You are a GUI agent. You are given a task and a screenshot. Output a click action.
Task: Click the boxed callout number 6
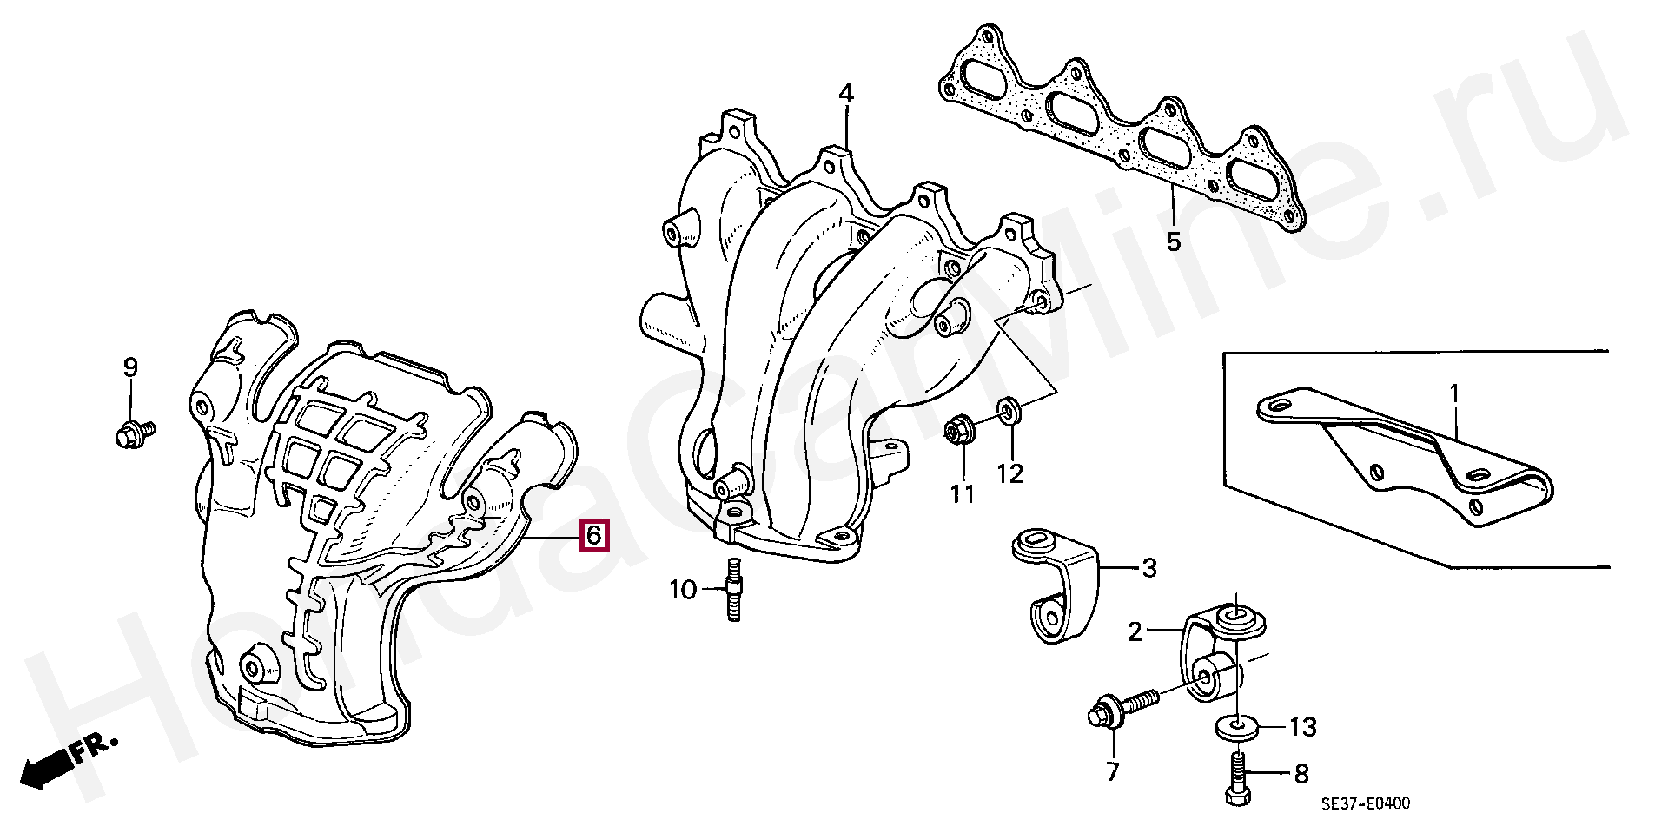[x=593, y=535]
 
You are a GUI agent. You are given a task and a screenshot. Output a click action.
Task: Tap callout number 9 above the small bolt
[x=130, y=367]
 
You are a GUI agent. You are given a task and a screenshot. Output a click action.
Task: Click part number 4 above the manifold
[x=845, y=94]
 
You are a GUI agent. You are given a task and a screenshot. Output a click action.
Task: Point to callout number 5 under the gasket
[x=1174, y=241]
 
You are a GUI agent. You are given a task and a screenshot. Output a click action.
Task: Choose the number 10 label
[x=683, y=591]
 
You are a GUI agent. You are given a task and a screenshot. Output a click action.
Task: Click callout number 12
[x=1010, y=473]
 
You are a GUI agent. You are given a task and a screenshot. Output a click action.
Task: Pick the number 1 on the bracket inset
[x=1455, y=397]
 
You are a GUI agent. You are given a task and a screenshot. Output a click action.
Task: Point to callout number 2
[x=1135, y=631]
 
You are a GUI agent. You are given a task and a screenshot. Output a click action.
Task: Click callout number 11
[x=962, y=494]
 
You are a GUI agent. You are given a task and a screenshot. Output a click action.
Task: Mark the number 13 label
[x=1303, y=726]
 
